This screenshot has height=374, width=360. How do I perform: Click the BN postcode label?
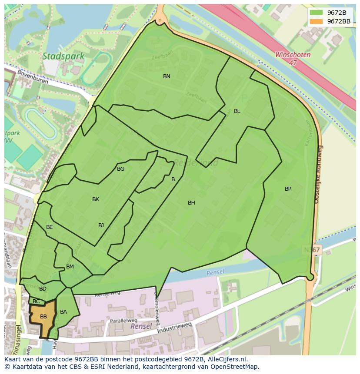click(x=167, y=76)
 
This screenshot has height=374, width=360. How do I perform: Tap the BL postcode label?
click(x=237, y=111)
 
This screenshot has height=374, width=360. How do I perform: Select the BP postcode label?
click(x=288, y=189)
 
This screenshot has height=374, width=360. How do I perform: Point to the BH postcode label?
click(x=191, y=203)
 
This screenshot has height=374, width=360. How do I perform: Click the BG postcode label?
click(x=120, y=169)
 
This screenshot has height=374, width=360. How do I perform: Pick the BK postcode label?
click(x=96, y=199)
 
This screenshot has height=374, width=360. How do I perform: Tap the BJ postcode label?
click(x=101, y=225)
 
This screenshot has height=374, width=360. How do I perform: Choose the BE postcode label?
click(x=50, y=227)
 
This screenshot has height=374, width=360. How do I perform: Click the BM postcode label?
click(x=70, y=267)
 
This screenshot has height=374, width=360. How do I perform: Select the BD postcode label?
click(x=43, y=289)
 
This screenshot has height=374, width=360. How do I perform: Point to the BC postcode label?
click(x=36, y=301)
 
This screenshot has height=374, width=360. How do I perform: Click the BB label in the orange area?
click(x=43, y=317)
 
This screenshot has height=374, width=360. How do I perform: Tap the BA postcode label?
click(x=63, y=312)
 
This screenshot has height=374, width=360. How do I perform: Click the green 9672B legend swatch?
click(x=317, y=13)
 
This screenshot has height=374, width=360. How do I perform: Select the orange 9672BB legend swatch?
click(x=317, y=21)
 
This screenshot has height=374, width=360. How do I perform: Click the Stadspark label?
click(x=57, y=56)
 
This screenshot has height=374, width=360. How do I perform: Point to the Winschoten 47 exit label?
click(x=293, y=59)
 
